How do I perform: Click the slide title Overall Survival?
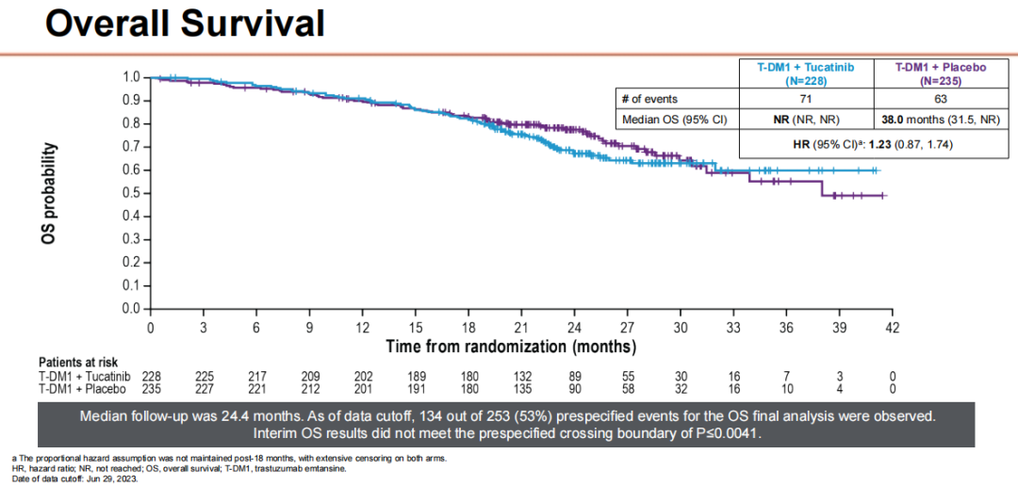click(x=185, y=23)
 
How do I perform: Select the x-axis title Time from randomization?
click(x=510, y=347)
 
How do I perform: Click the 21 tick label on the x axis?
click(x=520, y=328)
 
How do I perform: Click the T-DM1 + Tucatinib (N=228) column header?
click(x=807, y=73)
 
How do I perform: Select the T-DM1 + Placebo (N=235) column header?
click(x=940, y=73)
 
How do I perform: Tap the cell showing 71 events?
click(x=807, y=99)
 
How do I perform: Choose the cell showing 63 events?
click(x=940, y=99)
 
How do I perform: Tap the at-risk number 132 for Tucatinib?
click(x=520, y=376)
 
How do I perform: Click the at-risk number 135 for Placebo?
click(x=520, y=388)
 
